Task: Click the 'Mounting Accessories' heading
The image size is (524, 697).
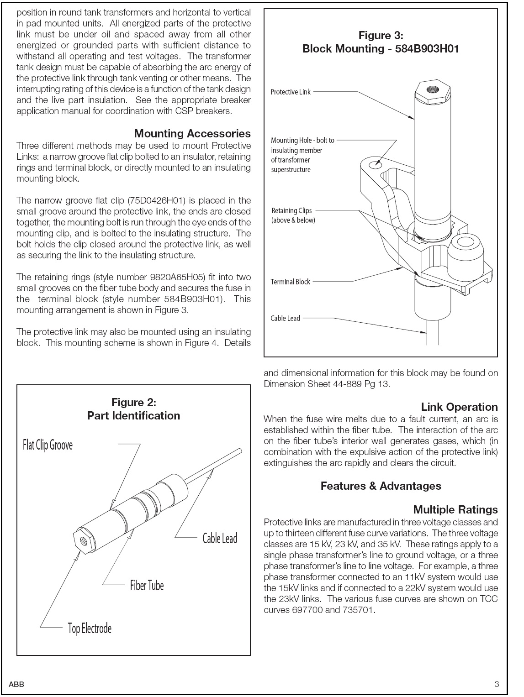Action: (x=192, y=134)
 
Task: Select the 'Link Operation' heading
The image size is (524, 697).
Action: (x=459, y=407)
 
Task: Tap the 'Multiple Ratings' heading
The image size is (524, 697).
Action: (x=455, y=510)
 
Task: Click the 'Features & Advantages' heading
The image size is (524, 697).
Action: (x=381, y=486)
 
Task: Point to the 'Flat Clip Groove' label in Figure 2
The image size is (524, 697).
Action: (x=48, y=445)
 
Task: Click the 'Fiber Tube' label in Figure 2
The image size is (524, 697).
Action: (x=147, y=586)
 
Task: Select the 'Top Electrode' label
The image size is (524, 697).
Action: (x=90, y=629)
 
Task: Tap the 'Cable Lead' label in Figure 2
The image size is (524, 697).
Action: (x=220, y=539)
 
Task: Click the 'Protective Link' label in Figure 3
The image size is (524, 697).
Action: (x=290, y=92)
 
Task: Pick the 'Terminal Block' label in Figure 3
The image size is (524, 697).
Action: (x=290, y=282)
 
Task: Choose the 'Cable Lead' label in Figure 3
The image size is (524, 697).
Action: (x=285, y=319)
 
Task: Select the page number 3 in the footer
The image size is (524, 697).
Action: (x=497, y=684)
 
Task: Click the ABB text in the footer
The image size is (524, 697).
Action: (x=16, y=684)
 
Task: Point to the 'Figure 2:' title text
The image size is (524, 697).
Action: (x=133, y=403)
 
